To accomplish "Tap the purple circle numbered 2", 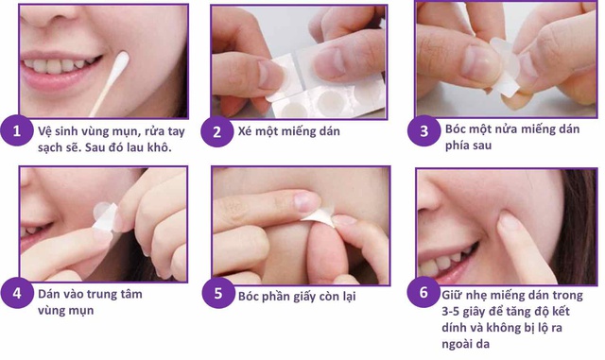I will point(216,131).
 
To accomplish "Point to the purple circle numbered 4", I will point(16,293).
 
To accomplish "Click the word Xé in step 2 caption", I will point(247,132).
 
